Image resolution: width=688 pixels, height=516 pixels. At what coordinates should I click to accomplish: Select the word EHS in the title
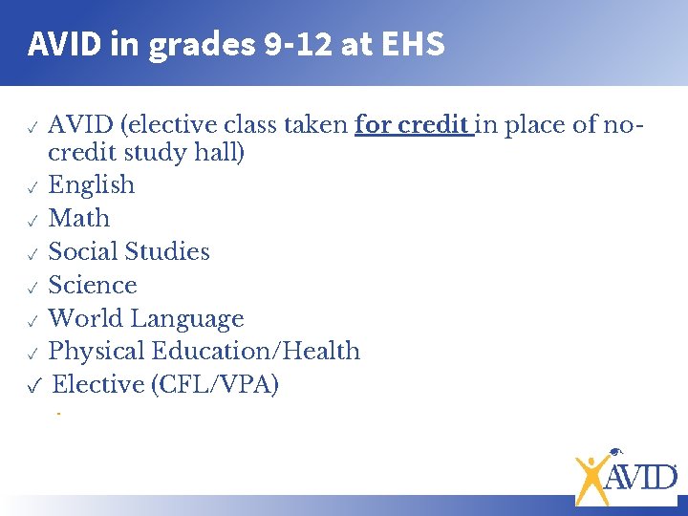pos(414,44)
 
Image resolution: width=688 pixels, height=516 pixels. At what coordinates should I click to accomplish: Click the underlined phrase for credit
pos(414,125)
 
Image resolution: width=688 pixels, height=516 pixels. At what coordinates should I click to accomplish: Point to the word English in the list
pos(91,184)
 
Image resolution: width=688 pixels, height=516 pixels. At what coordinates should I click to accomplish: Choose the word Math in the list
pos(79,218)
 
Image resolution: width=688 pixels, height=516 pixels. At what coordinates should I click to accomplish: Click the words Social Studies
pos(129,251)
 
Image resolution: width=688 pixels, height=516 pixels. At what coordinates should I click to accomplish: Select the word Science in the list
pos(93,285)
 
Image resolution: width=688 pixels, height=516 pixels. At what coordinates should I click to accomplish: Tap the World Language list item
pos(146,318)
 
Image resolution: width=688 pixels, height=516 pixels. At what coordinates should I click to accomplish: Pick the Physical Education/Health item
pos(204,352)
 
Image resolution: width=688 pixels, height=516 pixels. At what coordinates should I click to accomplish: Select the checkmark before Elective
pos(33,387)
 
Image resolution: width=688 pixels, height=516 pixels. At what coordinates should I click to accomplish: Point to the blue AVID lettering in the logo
pos(641,474)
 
